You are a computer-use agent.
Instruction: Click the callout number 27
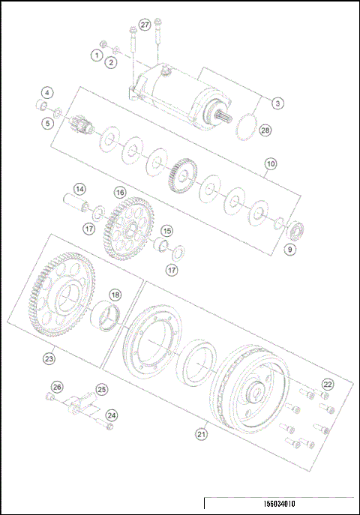click(145, 25)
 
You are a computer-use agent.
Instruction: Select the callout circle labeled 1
click(97, 54)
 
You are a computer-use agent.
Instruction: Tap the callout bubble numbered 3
click(277, 103)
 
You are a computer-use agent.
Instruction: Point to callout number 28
click(264, 131)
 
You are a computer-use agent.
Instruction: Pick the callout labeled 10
click(271, 163)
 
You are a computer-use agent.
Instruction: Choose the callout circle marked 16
click(119, 192)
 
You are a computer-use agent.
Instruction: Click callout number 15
click(166, 231)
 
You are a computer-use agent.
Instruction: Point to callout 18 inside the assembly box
click(115, 295)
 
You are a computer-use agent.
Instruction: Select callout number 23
click(49, 359)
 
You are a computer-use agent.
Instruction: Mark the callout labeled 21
click(201, 433)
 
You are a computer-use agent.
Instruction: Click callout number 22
click(327, 384)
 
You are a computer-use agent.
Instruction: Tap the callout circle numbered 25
click(102, 389)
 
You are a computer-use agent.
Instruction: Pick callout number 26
click(53, 388)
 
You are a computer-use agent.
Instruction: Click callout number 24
click(111, 415)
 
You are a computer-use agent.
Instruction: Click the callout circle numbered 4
click(47, 93)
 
